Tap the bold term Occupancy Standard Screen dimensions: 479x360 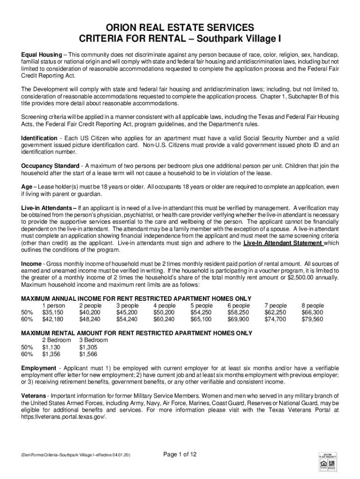(50, 166)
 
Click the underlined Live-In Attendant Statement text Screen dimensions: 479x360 (283, 243)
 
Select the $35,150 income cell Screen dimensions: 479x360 (53, 312)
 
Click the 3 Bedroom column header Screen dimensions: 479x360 (94, 340)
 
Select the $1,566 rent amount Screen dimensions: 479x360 (87, 354)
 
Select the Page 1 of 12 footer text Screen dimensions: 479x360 (180, 454)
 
